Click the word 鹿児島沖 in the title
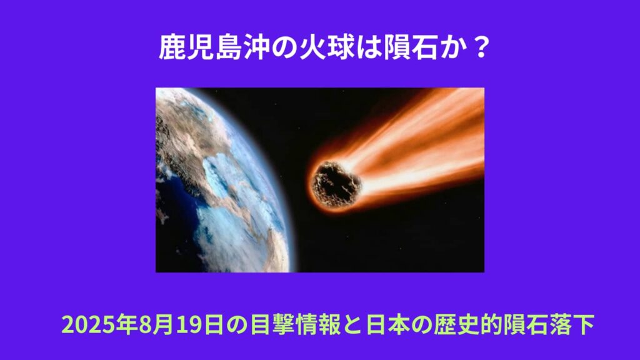(x=214, y=47)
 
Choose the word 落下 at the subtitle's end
(x=571, y=325)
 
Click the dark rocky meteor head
(x=336, y=184)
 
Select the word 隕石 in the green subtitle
(x=525, y=325)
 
